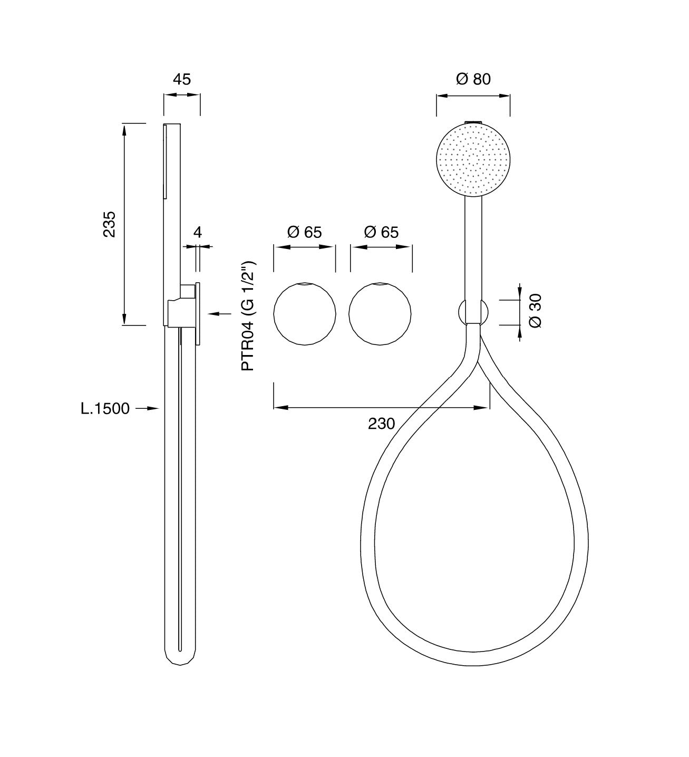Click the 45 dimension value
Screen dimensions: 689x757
182,80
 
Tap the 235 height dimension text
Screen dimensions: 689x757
110,224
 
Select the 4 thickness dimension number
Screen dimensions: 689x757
198,232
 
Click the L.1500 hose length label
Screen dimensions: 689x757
105,408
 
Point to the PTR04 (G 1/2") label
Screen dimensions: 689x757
248,316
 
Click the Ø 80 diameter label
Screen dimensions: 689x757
473,79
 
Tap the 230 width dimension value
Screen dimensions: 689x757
381,424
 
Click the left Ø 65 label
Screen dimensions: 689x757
304,232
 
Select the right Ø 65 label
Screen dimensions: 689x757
381,232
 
